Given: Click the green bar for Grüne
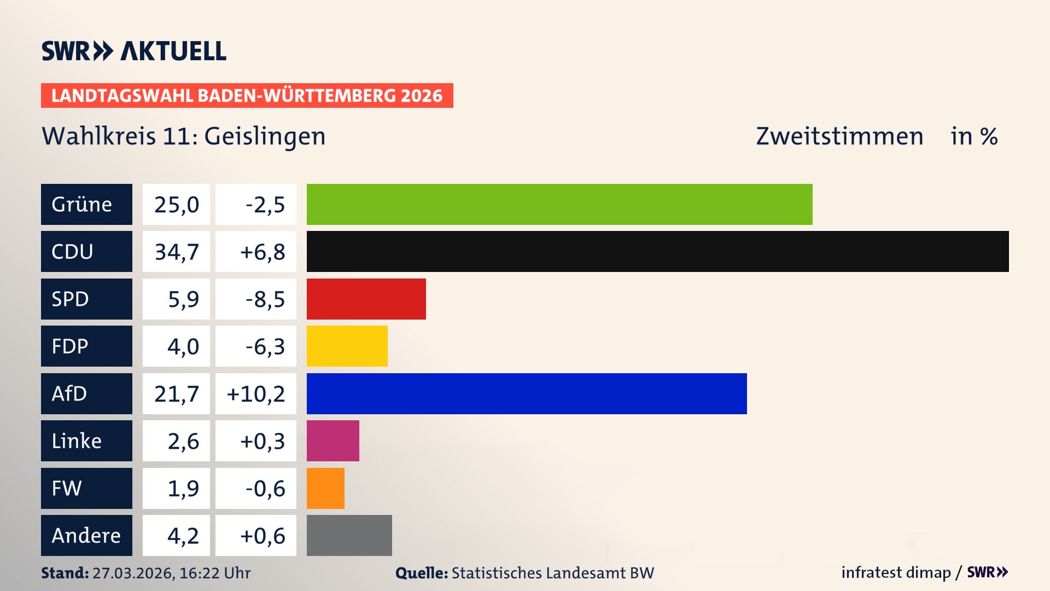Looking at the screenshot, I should click(559, 204).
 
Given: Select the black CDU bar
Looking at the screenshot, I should click(657, 252).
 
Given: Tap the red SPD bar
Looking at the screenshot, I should click(366, 299).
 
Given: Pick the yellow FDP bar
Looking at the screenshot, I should click(347, 346).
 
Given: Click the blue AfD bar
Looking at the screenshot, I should click(526, 393).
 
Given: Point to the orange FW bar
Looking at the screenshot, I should click(325, 488).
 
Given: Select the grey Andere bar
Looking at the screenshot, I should click(349, 535).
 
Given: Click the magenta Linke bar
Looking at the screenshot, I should click(332, 441).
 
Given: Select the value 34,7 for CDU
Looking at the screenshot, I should click(176, 252).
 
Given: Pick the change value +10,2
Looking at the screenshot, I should click(256, 393).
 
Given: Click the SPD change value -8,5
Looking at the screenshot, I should click(265, 299).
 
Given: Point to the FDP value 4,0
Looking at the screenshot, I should click(183, 346).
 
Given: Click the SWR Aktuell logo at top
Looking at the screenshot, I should click(133, 51).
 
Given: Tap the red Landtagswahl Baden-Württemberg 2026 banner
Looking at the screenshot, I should click(247, 96).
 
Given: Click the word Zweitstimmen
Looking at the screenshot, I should click(839, 136).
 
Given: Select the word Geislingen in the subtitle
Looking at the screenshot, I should click(265, 136).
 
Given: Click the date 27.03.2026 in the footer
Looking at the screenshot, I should click(133, 573).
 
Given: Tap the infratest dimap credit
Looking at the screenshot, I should click(896, 572).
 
